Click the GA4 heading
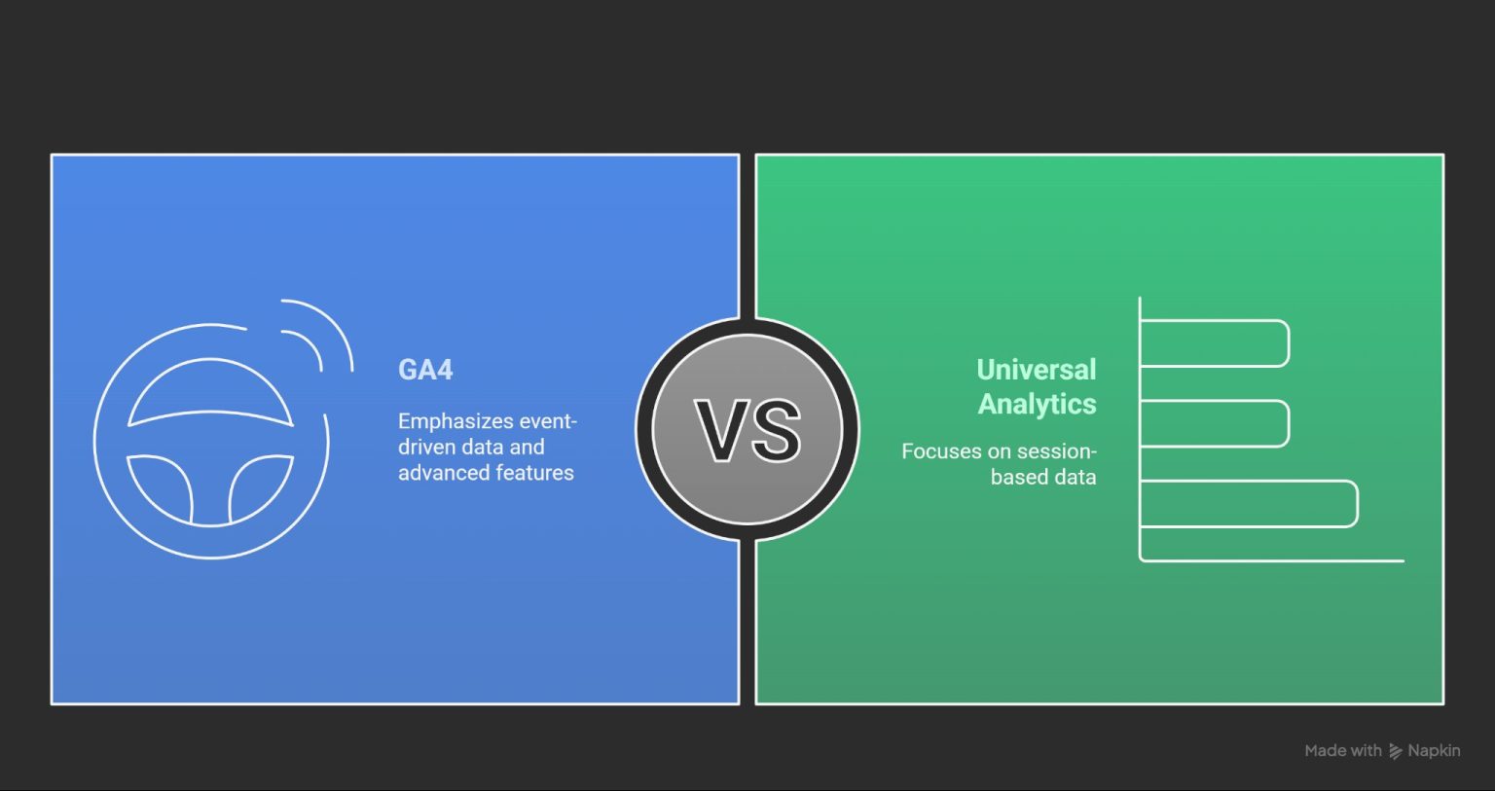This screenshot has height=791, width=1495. (425, 370)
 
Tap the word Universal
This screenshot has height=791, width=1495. (1036, 370)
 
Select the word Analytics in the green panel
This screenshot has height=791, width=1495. (1037, 404)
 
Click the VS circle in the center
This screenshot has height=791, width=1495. (747, 430)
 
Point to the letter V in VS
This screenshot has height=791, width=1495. (721, 430)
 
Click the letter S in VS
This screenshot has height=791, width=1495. (777, 430)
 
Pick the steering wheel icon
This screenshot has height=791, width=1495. (211, 441)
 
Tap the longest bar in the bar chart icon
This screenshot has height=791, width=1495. (1249, 504)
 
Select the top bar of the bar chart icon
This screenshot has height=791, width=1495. (1215, 343)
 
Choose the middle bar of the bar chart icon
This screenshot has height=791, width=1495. (1215, 423)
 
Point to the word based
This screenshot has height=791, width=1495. (1015, 477)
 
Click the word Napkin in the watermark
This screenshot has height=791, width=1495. (1434, 750)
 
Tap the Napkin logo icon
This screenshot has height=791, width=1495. (1395, 751)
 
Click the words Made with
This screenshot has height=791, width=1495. (1342, 750)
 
